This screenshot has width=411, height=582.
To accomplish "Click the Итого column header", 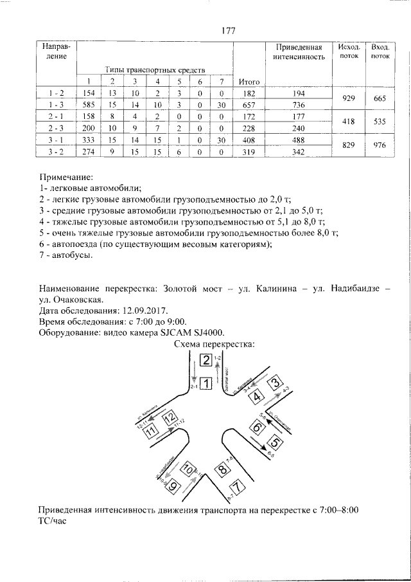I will pyautogui.click(x=248, y=81).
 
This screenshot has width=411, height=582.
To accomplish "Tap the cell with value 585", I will pyautogui.click(x=89, y=105).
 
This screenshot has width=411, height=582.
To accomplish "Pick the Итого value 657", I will pyautogui.click(x=248, y=105).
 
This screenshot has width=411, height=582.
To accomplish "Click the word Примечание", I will pyautogui.click(x=66, y=176).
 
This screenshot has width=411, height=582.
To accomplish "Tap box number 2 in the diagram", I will pyautogui.click(x=205, y=360).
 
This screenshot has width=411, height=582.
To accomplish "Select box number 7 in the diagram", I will pyautogui.click(x=238, y=487).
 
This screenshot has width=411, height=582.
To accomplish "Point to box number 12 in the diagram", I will pyautogui.click(x=169, y=420).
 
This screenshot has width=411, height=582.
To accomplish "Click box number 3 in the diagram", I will pyautogui.click(x=275, y=385).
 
